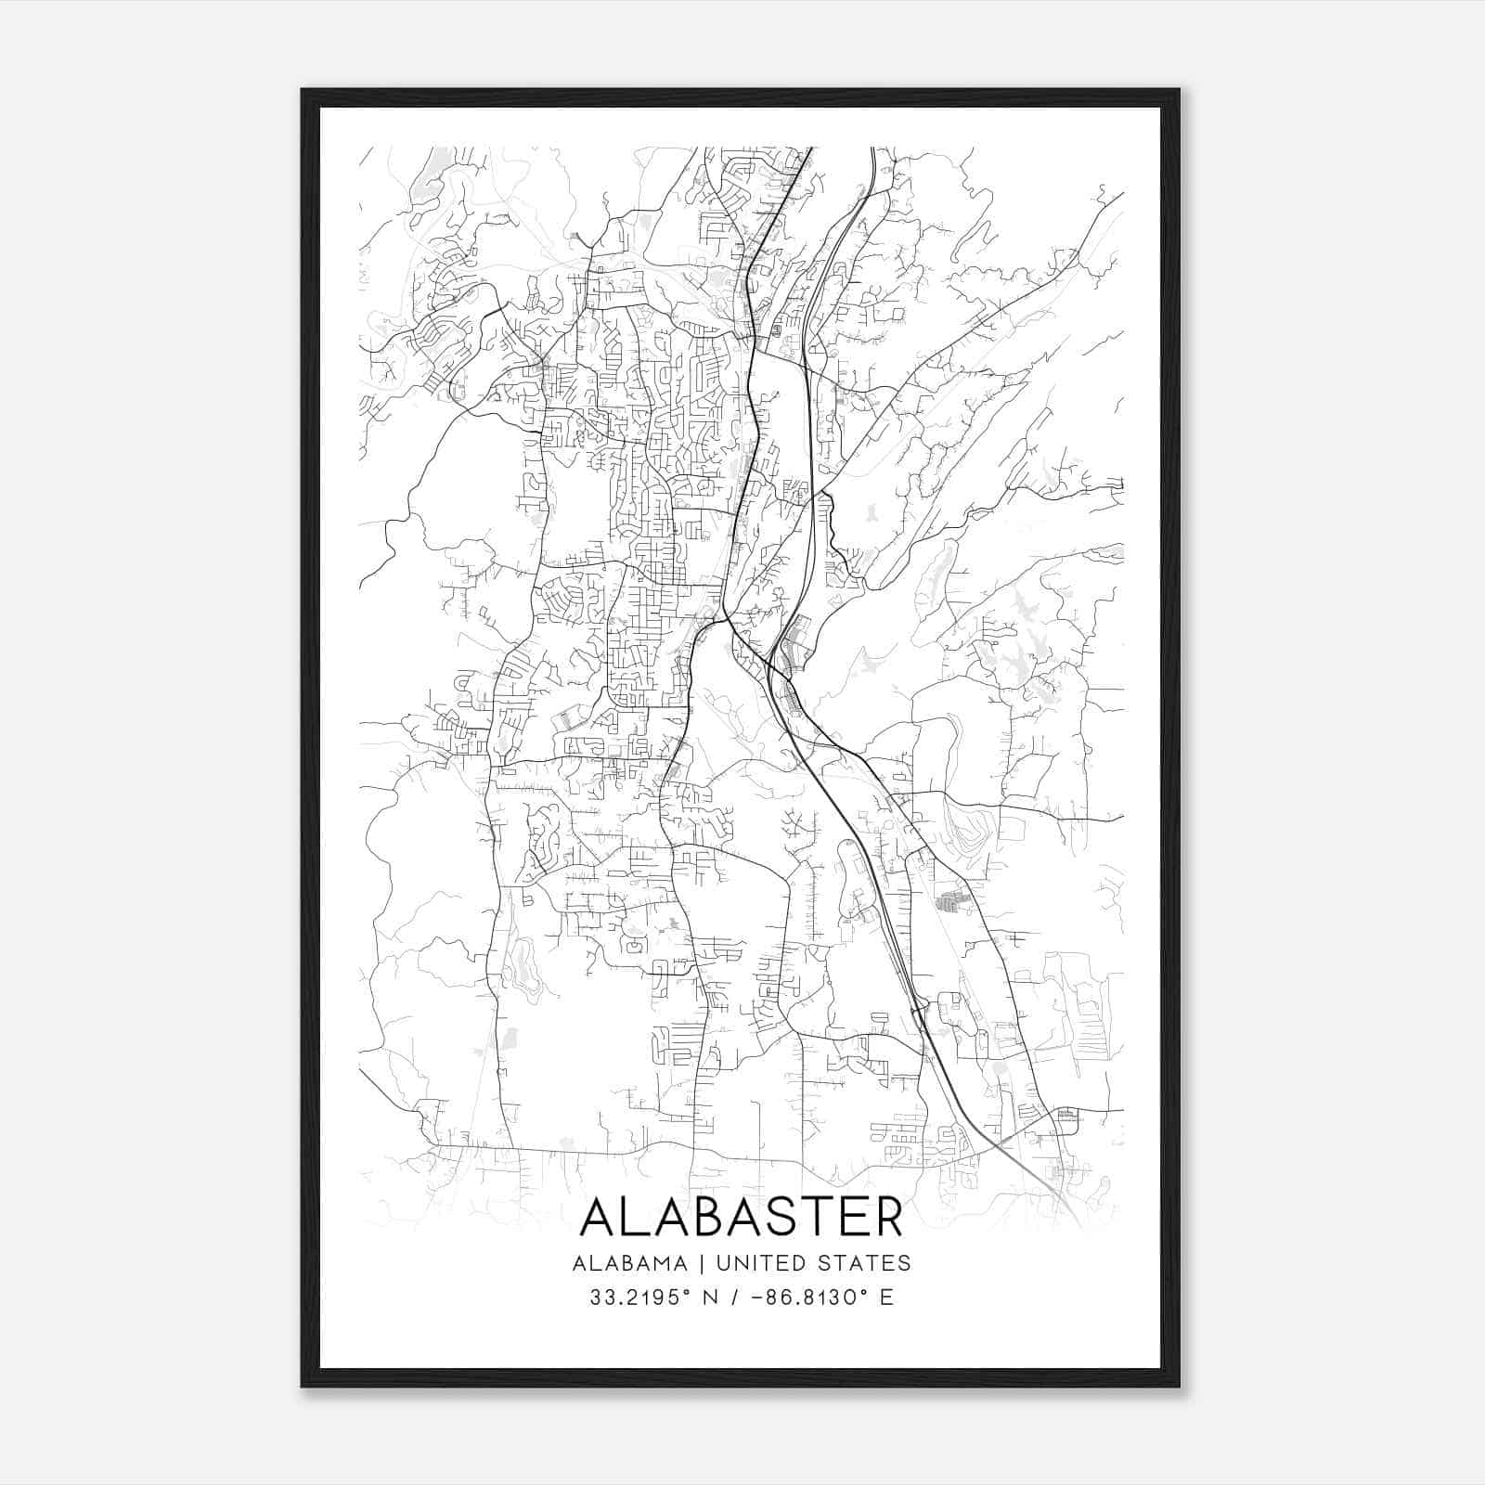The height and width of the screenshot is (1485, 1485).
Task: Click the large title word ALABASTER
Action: (741, 1217)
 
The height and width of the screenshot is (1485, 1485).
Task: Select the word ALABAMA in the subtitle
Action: (630, 1263)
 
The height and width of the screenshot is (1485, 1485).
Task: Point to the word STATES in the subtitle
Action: (867, 1263)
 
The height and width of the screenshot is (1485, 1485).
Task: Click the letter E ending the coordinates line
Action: (886, 1298)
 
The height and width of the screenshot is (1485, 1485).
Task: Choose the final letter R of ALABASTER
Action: (889, 1217)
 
